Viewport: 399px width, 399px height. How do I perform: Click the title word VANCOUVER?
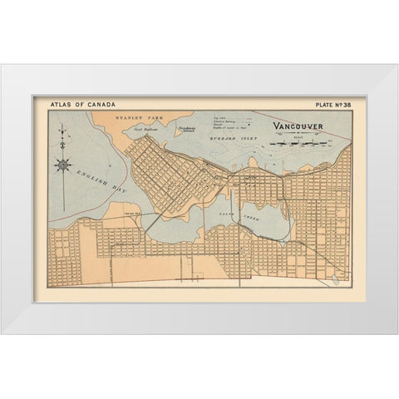point(299,128)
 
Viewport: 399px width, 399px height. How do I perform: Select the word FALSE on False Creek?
point(247,210)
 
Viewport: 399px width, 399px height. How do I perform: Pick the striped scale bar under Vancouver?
point(303,143)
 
